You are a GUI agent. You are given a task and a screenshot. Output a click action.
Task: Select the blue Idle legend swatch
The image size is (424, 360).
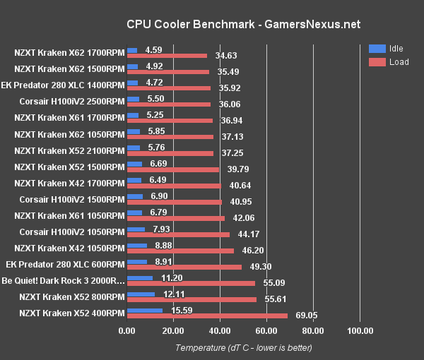coord(377,49)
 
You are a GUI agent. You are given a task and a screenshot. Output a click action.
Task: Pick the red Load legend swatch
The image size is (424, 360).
coord(377,62)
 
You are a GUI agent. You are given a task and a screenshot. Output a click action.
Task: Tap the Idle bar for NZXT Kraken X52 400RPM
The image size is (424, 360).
coord(145,309)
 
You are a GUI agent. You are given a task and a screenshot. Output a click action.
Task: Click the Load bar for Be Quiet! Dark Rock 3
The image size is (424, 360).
coord(191,283)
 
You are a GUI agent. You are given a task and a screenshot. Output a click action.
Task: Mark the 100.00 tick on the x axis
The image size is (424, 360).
coord(360,331)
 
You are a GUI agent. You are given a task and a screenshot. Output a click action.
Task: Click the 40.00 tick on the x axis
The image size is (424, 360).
coord(220,331)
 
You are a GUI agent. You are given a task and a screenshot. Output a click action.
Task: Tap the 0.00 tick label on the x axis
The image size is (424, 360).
coord(127,331)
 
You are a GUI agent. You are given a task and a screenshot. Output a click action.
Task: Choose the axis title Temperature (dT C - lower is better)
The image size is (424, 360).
coord(243,347)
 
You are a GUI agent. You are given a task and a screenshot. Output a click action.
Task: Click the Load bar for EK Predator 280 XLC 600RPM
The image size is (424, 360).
coord(184,267)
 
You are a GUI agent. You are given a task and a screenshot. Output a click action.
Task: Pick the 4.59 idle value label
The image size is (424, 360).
coord(154,50)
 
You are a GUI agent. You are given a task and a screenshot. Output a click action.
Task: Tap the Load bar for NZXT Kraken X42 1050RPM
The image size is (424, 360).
coord(181,251)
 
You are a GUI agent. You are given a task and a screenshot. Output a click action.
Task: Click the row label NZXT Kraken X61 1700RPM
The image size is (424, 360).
coord(69,118)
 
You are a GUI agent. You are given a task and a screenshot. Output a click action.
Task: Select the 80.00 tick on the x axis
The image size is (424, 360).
coord(314,331)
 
